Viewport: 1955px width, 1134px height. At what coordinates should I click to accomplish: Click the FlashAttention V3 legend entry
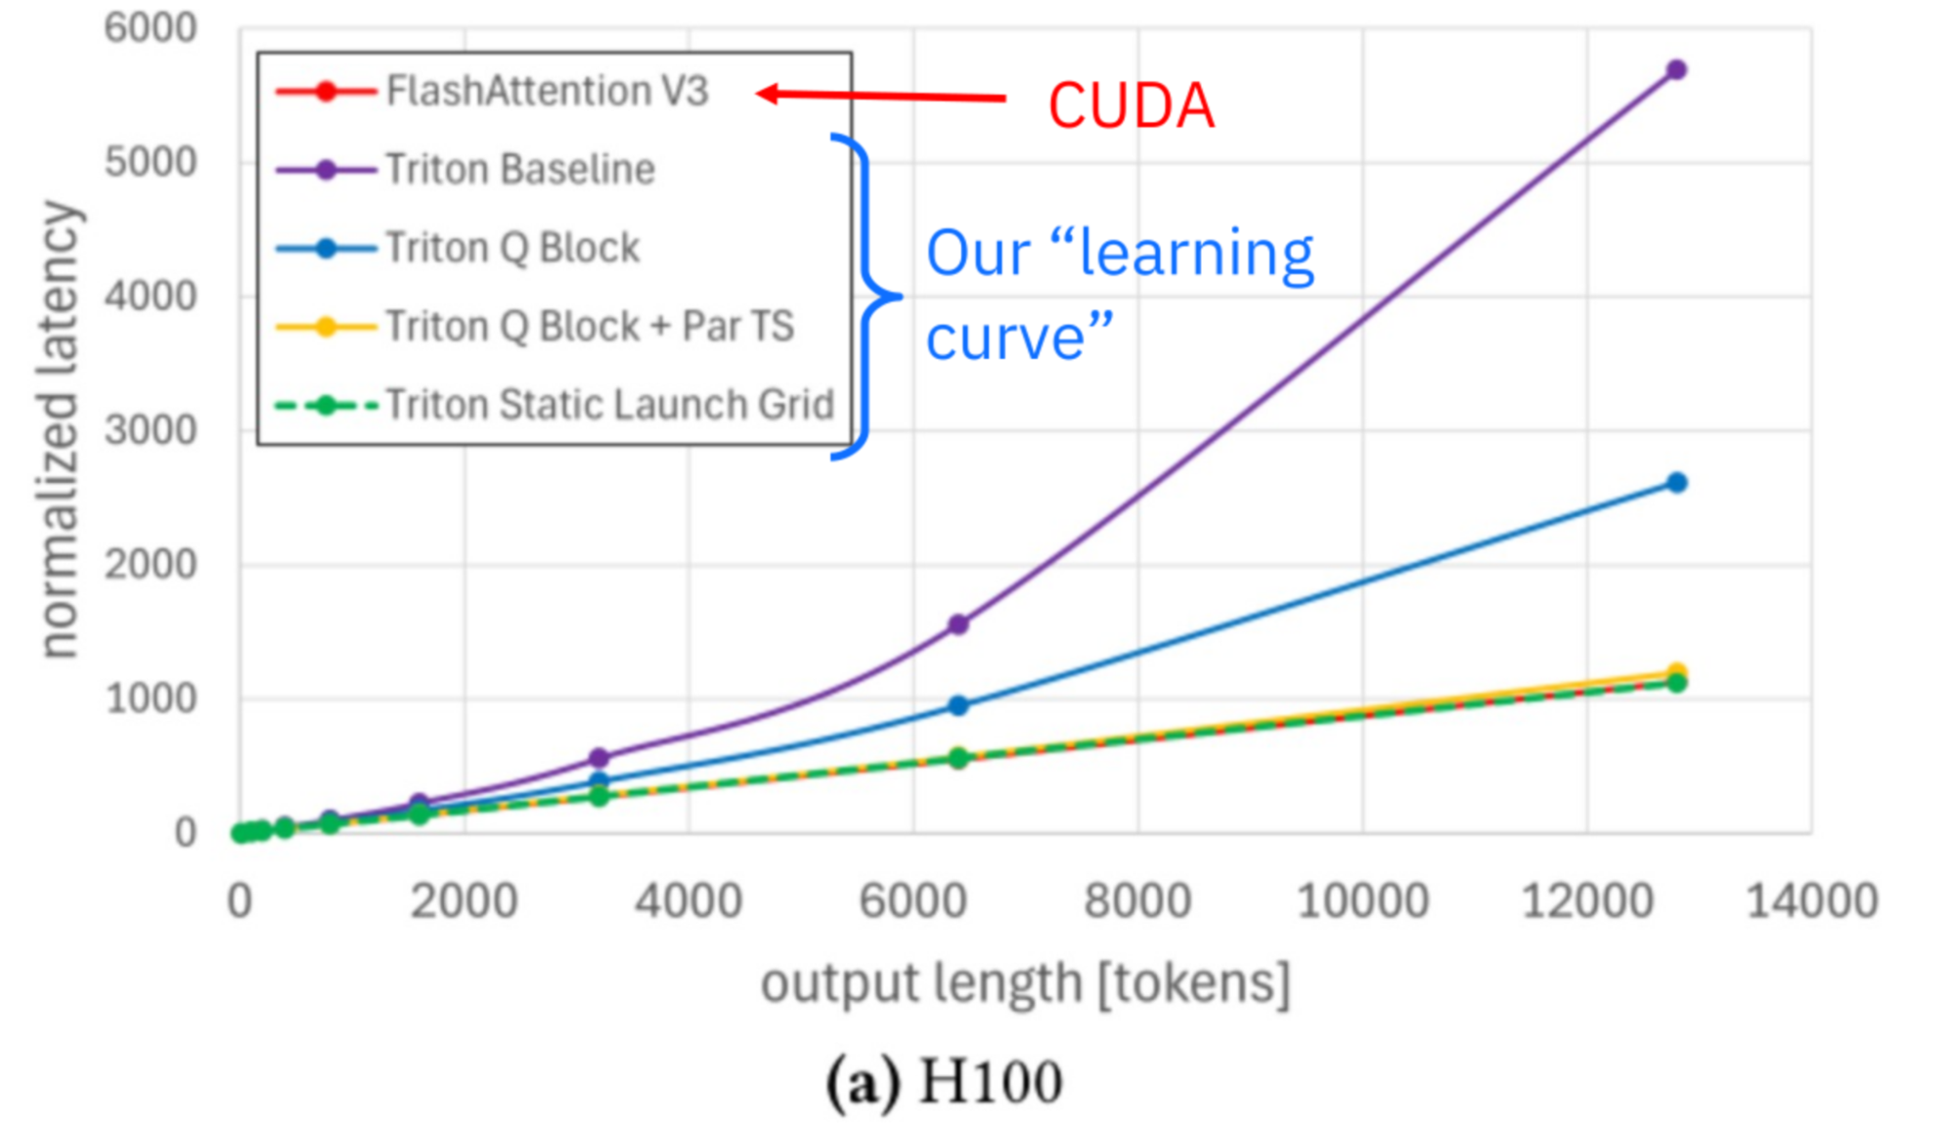click(547, 91)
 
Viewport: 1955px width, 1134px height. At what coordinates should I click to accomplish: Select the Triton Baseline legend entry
click(519, 169)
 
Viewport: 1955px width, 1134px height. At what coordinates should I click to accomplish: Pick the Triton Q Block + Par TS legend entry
click(589, 327)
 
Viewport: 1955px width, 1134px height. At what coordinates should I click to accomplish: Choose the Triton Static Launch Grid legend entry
click(609, 405)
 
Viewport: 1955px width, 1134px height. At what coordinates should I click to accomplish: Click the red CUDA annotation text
click(1132, 106)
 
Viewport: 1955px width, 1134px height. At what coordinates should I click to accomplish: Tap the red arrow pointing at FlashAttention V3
click(880, 95)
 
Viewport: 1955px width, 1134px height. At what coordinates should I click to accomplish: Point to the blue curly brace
click(865, 296)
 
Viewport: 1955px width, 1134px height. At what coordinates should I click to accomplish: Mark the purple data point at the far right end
click(1676, 69)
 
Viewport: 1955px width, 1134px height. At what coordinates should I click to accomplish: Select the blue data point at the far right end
click(1676, 483)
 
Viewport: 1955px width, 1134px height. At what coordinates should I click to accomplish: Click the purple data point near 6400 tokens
click(958, 624)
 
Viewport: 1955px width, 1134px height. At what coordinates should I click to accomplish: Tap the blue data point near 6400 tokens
click(958, 705)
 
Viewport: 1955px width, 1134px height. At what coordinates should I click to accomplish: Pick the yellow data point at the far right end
click(1676, 672)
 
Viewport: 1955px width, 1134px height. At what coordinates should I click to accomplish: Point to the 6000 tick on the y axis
click(150, 28)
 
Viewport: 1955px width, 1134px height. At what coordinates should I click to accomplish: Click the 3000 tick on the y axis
click(150, 430)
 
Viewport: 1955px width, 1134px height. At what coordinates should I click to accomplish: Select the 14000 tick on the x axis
click(1811, 900)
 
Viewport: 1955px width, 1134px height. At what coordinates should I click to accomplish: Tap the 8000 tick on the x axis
click(1137, 900)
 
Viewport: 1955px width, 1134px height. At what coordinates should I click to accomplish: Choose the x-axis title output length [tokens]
click(1025, 982)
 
